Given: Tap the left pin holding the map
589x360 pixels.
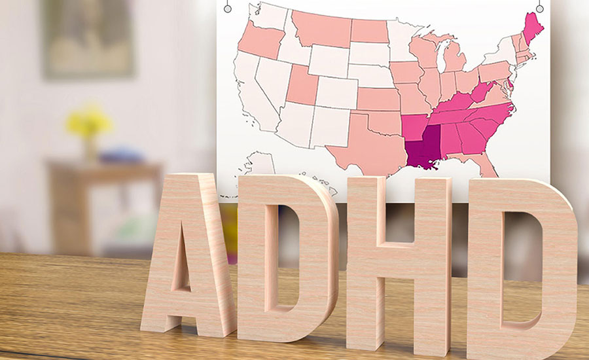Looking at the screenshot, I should [x=227, y=8].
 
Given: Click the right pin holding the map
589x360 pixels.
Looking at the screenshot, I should [x=539, y=8].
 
